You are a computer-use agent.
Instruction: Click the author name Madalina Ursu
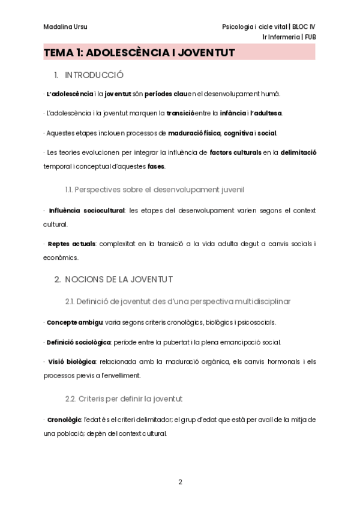pos(62,26)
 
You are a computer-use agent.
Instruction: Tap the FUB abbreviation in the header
pos(310,37)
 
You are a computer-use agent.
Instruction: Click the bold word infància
pos(232,113)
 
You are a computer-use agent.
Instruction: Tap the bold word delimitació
pos(298,153)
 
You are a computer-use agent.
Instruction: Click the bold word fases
pos(156,166)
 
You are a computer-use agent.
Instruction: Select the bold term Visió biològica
pos(71,362)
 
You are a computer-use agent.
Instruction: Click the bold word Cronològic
pos(65,420)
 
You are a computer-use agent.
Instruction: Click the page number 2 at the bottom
pos(179,481)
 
